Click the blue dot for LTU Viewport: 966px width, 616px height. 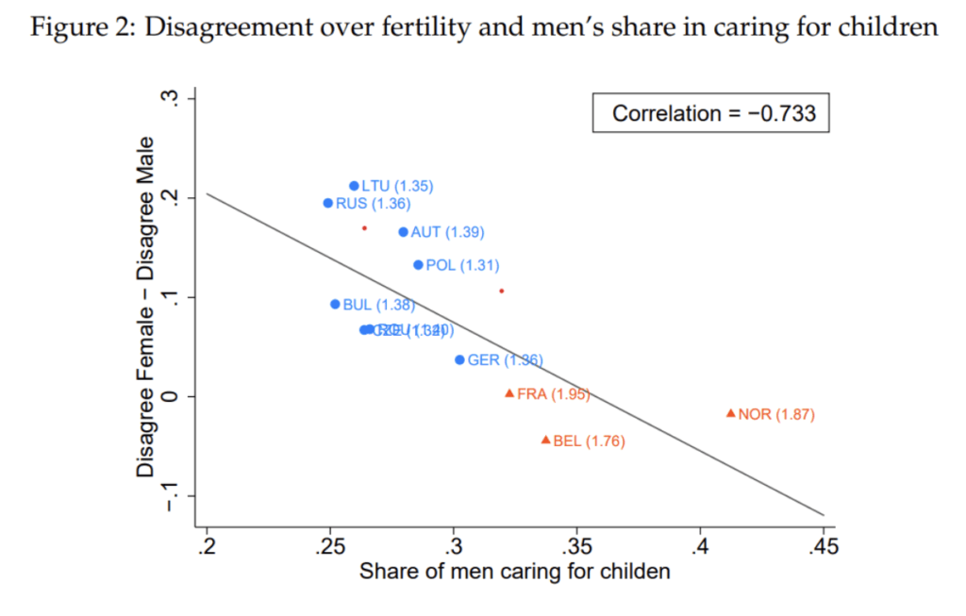(354, 186)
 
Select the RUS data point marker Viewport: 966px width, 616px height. (328, 203)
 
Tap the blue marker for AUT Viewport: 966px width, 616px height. (404, 232)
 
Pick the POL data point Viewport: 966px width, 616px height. (419, 265)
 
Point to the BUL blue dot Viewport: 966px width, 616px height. (335, 305)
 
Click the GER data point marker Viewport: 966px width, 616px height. (459, 359)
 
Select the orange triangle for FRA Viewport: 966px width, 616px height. (509, 393)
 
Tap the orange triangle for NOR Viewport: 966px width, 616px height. (730, 413)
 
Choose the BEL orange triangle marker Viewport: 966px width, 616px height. (545, 440)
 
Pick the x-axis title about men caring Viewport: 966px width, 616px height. (514, 572)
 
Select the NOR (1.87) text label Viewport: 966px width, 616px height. (776, 414)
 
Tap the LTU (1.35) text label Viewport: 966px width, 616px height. (397, 187)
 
